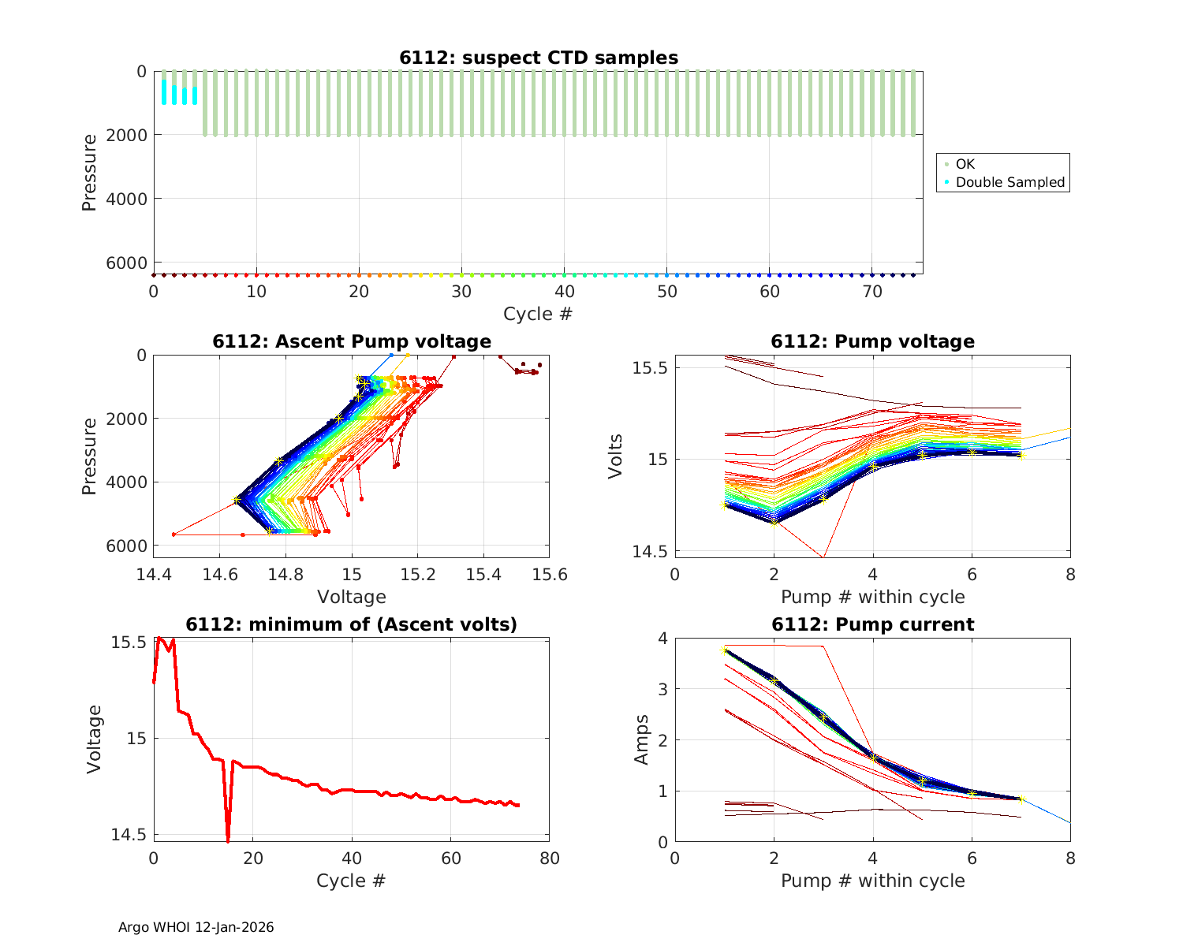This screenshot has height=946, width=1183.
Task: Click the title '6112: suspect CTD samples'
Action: [538, 58]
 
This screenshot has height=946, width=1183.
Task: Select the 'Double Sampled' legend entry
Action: [1009, 182]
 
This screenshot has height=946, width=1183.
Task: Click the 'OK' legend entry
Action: [965, 164]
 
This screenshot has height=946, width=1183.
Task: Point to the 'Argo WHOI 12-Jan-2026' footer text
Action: [196, 927]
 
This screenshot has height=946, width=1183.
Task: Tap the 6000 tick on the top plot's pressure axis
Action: [129, 263]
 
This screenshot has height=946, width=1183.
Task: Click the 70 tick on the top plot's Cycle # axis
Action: [871, 292]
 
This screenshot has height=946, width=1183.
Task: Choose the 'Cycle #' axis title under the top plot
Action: [538, 314]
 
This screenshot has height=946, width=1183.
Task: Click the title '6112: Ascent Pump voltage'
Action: [351, 341]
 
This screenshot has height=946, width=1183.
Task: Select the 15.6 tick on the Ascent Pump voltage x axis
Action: [550, 574]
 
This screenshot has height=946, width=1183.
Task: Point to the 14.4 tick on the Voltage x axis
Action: [154, 574]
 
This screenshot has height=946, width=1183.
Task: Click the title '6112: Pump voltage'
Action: [872, 341]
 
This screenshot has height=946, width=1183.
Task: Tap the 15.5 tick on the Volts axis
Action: [650, 368]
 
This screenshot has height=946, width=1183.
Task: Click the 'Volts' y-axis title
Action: [616, 456]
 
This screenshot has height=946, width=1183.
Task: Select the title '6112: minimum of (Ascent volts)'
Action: [351, 624]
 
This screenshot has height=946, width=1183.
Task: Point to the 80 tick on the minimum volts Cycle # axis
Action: [549, 858]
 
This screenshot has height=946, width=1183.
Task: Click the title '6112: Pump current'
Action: [872, 624]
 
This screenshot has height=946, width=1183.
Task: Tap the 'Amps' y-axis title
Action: [642, 739]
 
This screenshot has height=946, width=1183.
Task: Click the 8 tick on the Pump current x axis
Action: [1070, 858]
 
